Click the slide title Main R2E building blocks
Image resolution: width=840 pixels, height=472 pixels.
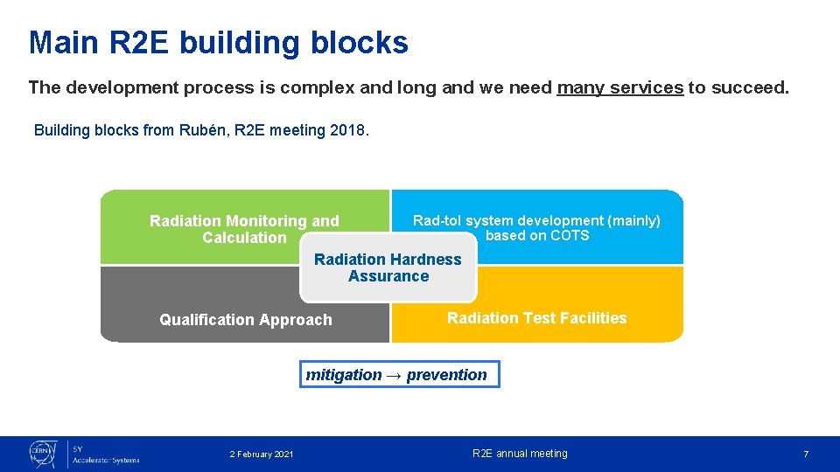tap(218, 42)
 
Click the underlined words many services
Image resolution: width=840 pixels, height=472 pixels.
tap(619, 87)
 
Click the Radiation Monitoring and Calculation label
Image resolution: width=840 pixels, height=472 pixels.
tap(244, 229)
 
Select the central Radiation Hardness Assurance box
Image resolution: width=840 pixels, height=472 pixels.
tap(388, 267)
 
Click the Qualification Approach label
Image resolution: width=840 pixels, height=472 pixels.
tap(246, 320)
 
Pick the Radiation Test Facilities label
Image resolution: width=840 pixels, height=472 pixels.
tap(536, 318)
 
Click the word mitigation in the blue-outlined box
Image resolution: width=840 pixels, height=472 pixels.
tap(344, 375)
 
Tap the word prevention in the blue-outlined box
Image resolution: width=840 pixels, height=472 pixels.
tap(446, 375)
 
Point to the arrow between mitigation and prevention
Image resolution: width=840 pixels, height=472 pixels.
tap(394, 375)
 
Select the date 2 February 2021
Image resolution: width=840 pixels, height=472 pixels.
tap(262, 454)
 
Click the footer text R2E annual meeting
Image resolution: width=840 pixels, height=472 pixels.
tap(520, 454)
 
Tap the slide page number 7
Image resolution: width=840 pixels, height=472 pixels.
tap(806, 454)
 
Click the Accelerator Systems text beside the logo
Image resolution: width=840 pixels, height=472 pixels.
tap(105, 460)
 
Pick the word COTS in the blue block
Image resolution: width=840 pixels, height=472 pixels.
tap(570, 236)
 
